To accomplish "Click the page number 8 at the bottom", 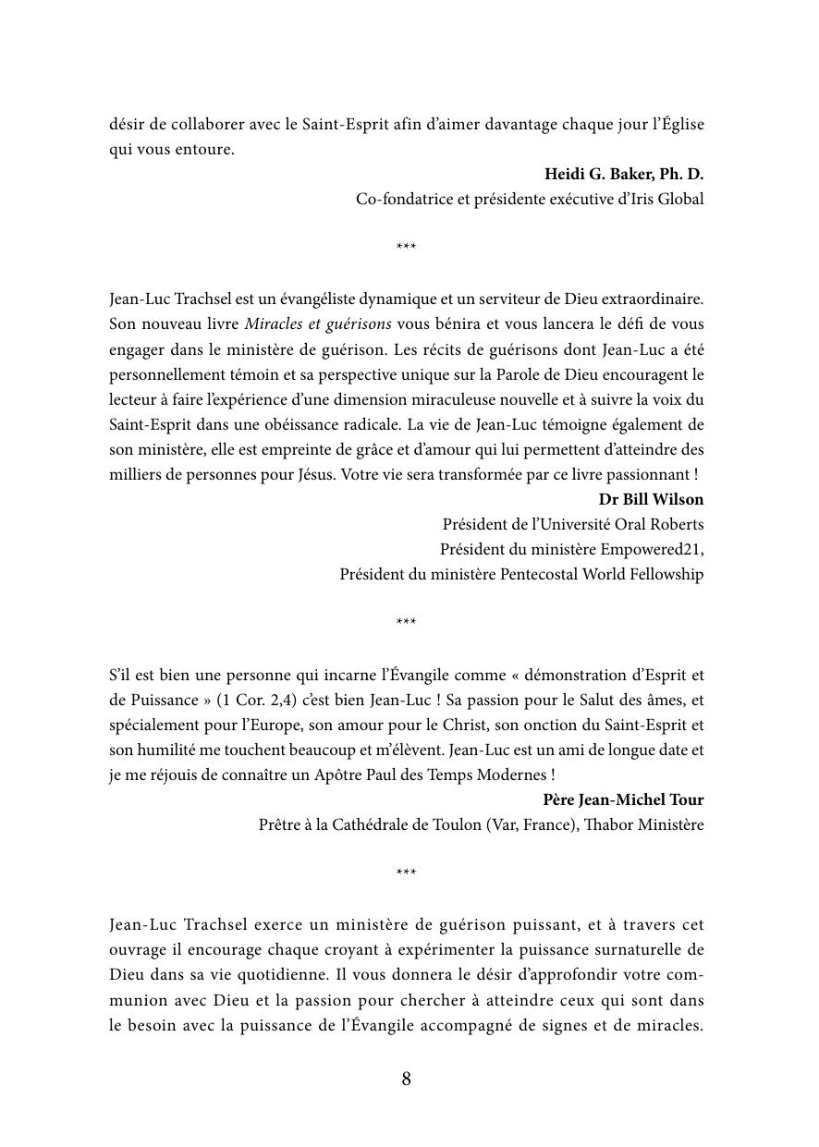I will [407, 1079].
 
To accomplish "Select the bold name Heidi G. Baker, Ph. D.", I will [624, 174].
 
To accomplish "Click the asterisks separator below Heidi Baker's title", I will [406, 248].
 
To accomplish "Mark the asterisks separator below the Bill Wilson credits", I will [406, 623].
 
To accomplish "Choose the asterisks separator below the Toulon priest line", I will [406, 873].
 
